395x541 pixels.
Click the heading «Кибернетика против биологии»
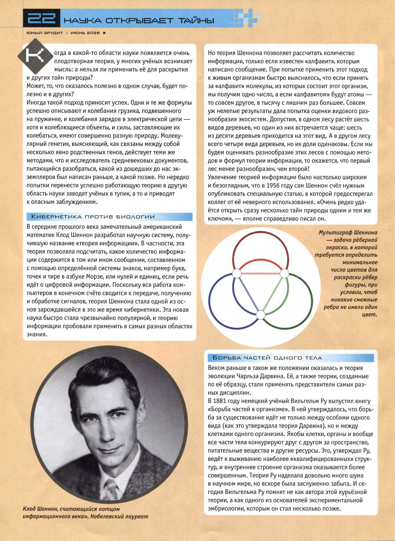pyautogui.click(x=93, y=217)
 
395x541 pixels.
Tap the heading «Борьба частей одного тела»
pyautogui.click(x=267, y=358)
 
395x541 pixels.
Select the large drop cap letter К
pyautogui.click(x=35, y=56)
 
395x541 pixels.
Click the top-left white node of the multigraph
pyautogui.click(x=237, y=273)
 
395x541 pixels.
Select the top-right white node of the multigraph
pyautogui.click(x=284, y=273)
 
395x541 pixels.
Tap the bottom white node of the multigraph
pyautogui.click(x=260, y=315)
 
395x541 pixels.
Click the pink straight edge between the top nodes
pyautogui.click(x=260, y=273)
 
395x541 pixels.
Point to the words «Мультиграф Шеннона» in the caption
pyautogui.click(x=348, y=233)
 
